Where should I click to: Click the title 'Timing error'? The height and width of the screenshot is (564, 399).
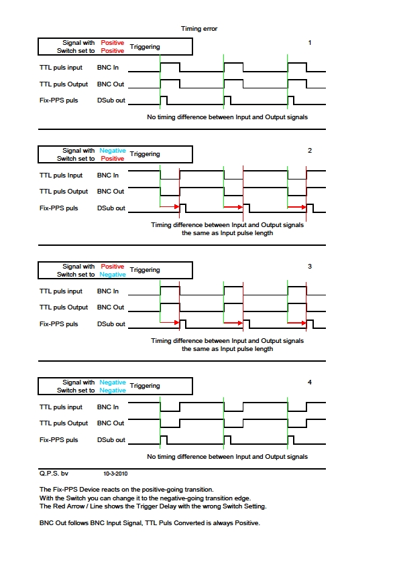point(198,29)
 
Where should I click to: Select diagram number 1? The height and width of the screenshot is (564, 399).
point(310,43)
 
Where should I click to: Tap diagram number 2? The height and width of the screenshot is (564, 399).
point(310,150)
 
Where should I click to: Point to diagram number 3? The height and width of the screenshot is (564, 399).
point(310,266)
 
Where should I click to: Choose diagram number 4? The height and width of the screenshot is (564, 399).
point(310,382)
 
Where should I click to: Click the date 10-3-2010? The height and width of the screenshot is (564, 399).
point(115,474)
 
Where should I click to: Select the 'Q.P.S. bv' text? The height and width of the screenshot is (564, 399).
point(54,474)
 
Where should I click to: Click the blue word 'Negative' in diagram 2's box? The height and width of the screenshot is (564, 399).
point(113,150)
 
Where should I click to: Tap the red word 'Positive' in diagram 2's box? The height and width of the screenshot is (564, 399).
point(113,159)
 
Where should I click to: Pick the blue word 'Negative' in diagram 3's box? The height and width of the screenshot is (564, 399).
point(113,275)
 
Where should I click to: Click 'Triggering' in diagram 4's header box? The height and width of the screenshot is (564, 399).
point(145,386)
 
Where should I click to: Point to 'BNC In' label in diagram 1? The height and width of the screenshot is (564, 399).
point(108,68)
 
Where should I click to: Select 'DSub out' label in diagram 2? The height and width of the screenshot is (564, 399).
point(111,208)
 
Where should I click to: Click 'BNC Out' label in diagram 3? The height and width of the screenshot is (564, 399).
point(111,307)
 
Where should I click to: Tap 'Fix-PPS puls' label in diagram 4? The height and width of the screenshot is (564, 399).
point(59,440)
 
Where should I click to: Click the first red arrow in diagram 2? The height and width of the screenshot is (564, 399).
point(170,207)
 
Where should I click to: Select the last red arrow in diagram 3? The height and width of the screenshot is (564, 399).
point(296,323)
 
